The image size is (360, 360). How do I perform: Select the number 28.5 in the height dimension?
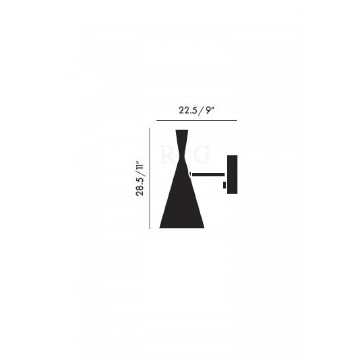(x=141, y=188)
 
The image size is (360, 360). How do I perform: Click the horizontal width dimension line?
(x=196, y=121)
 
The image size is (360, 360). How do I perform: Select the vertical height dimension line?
(x=149, y=178)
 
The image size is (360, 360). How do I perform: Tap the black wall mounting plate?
(x=232, y=175)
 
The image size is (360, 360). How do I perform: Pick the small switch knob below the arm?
(x=225, y=184)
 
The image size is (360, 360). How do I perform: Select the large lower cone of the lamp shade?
(x=182, y=202)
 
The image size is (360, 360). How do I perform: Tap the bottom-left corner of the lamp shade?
(x=160, y=227)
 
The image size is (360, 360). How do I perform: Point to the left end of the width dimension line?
(x=156, y=121)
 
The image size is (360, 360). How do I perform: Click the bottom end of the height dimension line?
(x=149, y=228)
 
